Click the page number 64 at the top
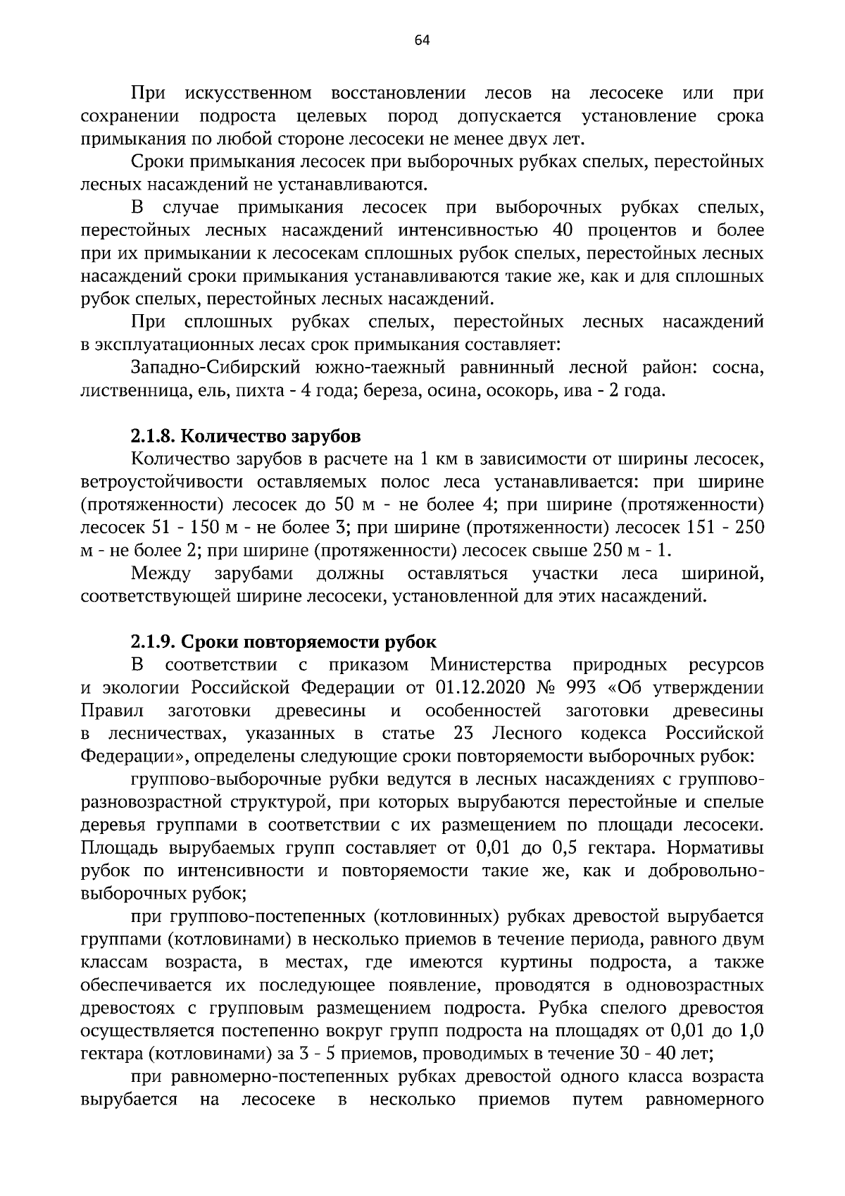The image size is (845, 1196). pyautogui.click(x=422, y=40)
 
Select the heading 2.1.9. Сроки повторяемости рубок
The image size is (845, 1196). pyautogui.click(x=283, y=642)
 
